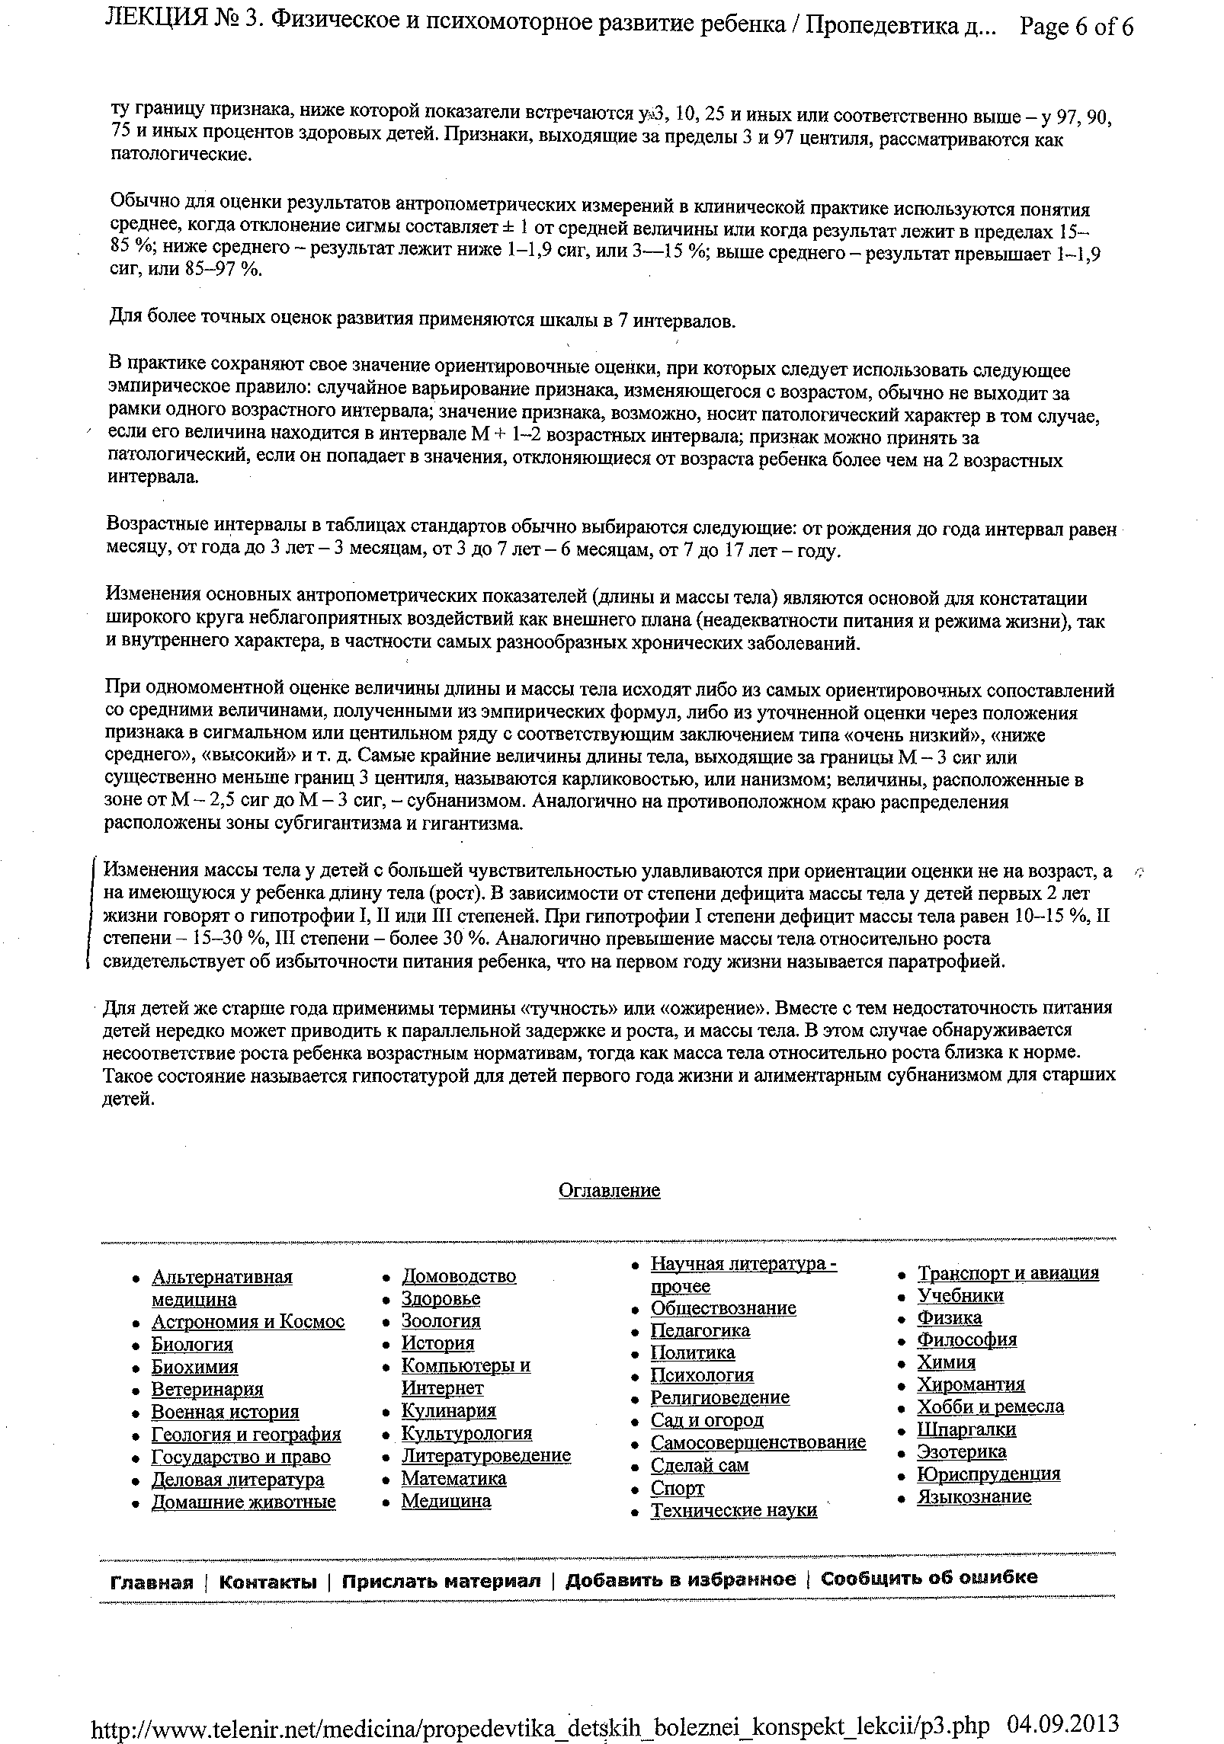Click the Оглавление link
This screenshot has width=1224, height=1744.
pyautogui.click(x=609, y=1190)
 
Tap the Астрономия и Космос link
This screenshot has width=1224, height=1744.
pyautogui.click(x=248, y=1322)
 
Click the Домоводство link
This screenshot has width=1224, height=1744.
pyautogui.click(x=459, y=1276)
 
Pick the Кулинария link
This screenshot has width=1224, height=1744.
pyautogui.click(x=449, y=1411)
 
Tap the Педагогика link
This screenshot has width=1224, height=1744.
pyautogui.click(x=700, y=1331)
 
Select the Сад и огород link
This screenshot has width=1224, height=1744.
pyautogui.click(x=707, y=1421)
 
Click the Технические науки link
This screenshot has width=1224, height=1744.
pyautogui.click(x=733, y=1510)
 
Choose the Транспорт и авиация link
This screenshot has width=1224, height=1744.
pyautogui.click(x=1008, y=1273)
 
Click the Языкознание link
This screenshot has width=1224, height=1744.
pyautogui.click(x=974, y=1496)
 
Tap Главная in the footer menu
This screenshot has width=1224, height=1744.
pyautogui.click(x=152, y=1583)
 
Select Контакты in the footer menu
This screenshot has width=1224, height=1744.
pyautogui.click(x=268, y=1583)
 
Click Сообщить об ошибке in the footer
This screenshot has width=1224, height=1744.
pyautogui.click(x=928, y=1578)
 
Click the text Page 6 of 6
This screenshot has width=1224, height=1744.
pyautogui.click(x=1076, y=28)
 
